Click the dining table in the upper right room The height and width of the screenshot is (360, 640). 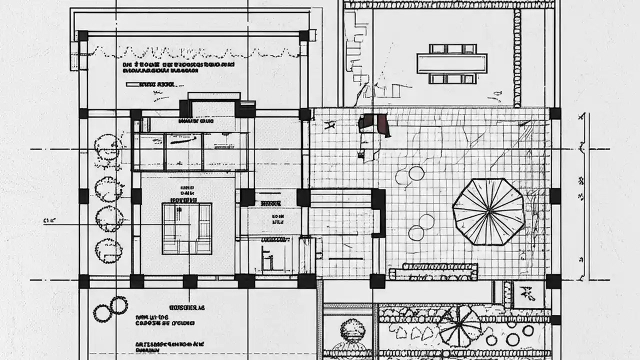pyautogui.click(x=452, y=63)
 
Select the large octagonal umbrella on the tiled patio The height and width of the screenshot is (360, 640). pyautogui.click(x=488, y=211)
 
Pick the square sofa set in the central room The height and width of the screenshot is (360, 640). pyautogui.click(x=187, y=228)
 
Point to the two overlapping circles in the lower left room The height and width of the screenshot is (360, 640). pyautogui.click(x=110, y=308)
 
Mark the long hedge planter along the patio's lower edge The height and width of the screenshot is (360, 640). pyautogui.click(x=433, y=271)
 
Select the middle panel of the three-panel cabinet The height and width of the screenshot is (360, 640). pyautogui.click(x=183, y=151)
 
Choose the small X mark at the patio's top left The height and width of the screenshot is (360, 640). pyautogui.click(x=329, y=125)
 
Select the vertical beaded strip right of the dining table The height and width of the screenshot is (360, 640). pyautogui.click(x=517, y=57)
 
